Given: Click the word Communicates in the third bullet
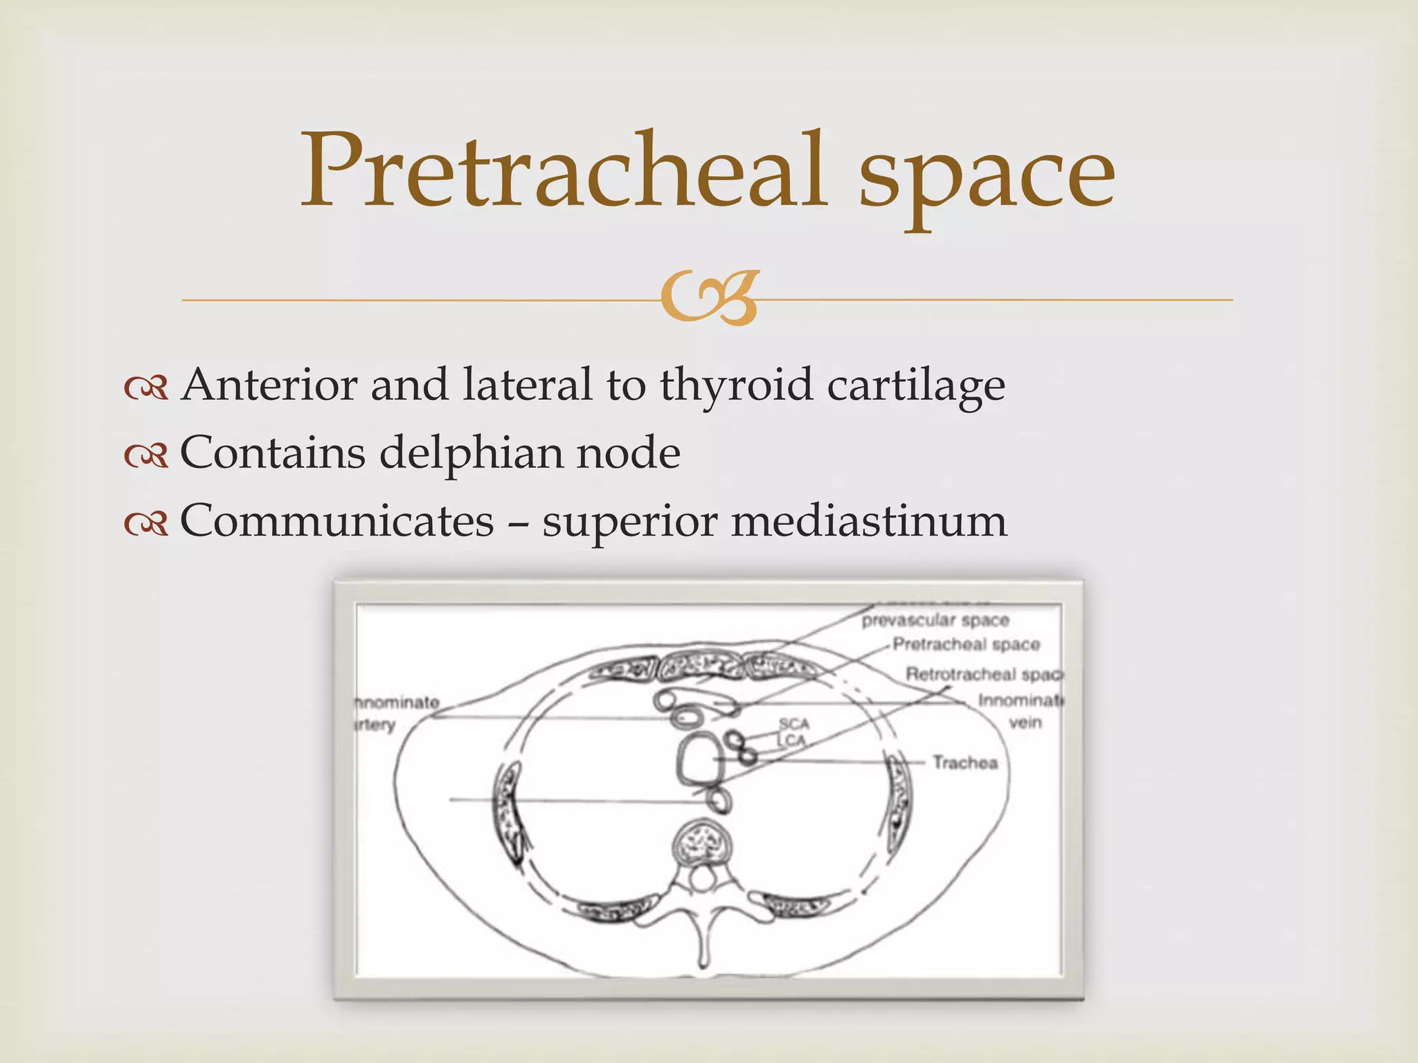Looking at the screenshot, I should [x=337, y=520].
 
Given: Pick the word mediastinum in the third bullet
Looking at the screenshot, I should [x=869, y=520].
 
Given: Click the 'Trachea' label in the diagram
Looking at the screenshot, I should [x=964, y=763].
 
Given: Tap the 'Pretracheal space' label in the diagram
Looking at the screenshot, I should [x=966, y=645].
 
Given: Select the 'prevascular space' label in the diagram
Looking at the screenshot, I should [x=935, y=620].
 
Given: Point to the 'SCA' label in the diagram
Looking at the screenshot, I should [x=793, y=724].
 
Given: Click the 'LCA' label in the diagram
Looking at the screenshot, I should [x=792, y=740].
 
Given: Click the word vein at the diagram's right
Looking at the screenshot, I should [x=1025, y=723].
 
